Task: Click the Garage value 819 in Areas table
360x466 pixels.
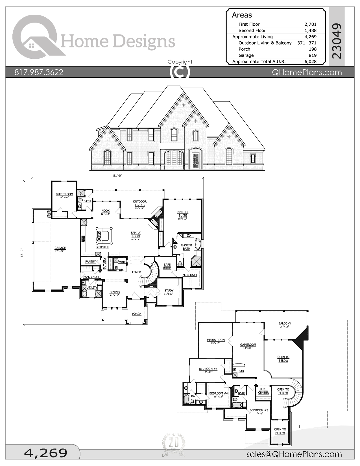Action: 312,55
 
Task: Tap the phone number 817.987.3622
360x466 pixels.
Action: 39,72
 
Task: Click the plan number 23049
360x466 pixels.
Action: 337,41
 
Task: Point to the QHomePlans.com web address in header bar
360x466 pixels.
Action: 307,72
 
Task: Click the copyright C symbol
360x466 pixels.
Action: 180,71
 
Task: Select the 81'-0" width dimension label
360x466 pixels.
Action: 117,175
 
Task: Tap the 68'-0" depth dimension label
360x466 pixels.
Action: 22,252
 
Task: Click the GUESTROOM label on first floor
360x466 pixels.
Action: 64,194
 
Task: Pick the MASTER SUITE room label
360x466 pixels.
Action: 183,214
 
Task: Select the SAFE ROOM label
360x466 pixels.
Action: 167,266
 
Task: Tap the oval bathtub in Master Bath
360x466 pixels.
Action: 197,244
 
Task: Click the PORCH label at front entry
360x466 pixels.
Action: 137,314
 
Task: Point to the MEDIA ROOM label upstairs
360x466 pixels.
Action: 216,340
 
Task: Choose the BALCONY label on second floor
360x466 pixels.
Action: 285,324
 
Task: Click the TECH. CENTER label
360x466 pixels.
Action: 263,391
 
